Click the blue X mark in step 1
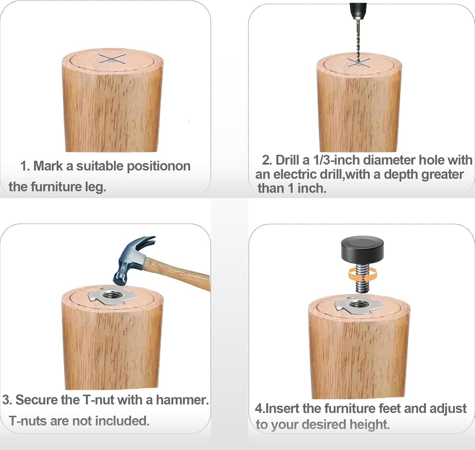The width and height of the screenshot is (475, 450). [112, 59]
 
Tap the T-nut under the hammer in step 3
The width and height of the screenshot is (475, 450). [112, 295]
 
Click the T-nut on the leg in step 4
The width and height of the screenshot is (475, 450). [358, 305]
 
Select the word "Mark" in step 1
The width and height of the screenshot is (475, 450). [48, 166]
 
